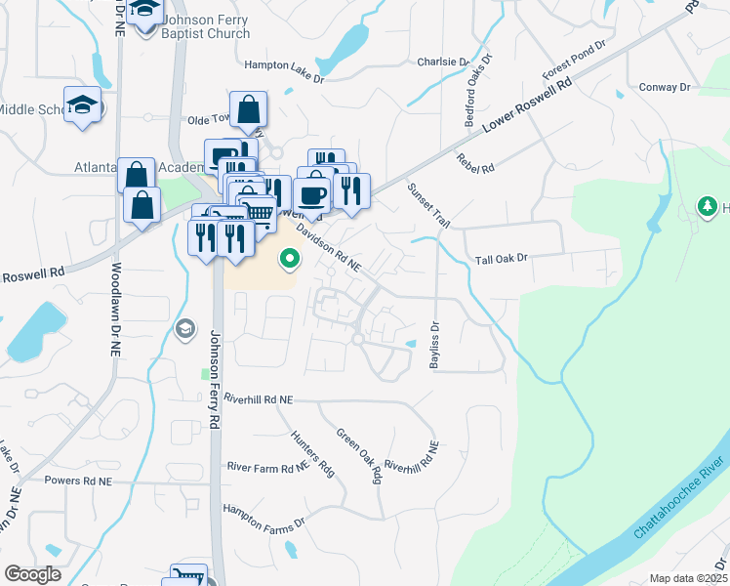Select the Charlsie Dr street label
pyautogui.click(x=442, y=62)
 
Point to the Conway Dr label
pyautogui.click(x=666, y=87)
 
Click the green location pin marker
pyautogui.click(x=289, y=259)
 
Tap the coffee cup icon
pyautogui.click(x=313, y=193)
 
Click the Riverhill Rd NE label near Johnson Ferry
pyautogui.click(x=258, y=399)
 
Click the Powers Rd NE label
pyautogui.click(x=78, y=481)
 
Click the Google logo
pyautogui.click(x=32, y=574)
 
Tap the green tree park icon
pyautogui.click(x=706, y=206)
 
